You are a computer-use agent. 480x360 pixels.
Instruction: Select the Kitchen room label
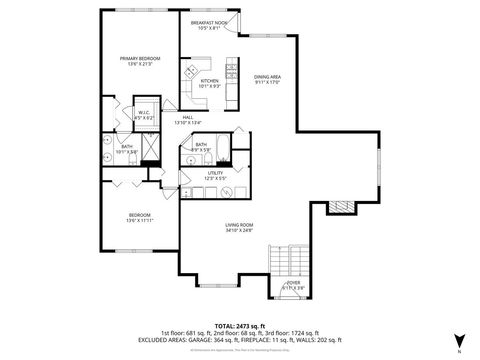click(x=209, y=81)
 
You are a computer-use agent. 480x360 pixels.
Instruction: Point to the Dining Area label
click(x=266, y=77)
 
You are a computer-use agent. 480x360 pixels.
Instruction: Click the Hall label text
click(x=188, y=116)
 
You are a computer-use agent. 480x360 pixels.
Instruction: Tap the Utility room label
click(x=215, y=173)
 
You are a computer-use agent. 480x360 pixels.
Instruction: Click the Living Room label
click(x=238, y=225)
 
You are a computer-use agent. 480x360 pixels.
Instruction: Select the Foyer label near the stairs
click(x=294, y=283)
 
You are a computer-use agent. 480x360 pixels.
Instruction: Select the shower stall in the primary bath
click(x=150, y=149)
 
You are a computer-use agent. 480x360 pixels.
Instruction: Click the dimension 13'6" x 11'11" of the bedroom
click(x=138, y=221)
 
